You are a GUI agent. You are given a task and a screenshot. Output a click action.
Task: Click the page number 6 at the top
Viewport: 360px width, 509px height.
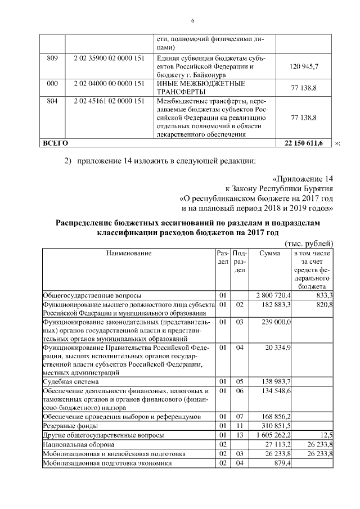[x=192, y=21]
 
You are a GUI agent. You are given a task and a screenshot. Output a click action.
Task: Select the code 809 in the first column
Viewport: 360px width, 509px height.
[x=51, y=57]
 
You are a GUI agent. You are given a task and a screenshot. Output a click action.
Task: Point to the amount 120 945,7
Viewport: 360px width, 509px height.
[x=304, y=66]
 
